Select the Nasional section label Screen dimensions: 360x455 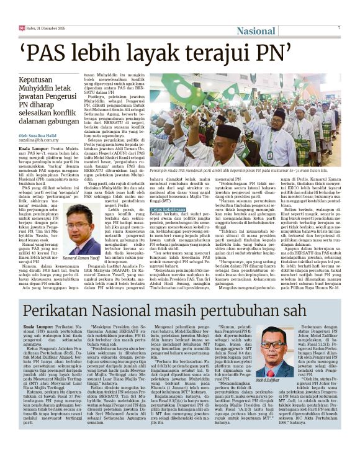pos(256,30)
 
